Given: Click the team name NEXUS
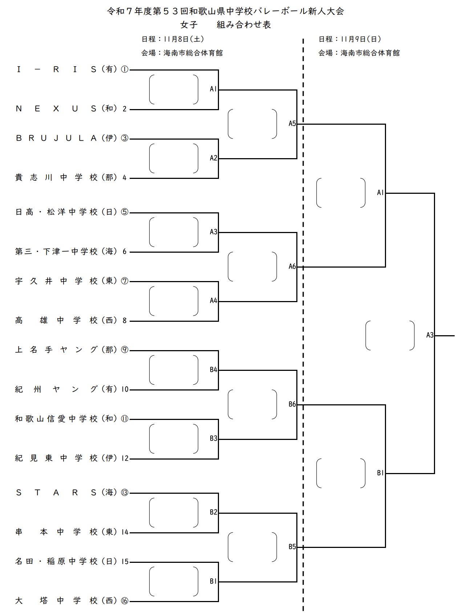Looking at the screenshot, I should [x=56, y=109].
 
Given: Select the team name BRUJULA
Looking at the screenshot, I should [x=56, y=138].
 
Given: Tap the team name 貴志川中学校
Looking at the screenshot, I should [x=56, y=178].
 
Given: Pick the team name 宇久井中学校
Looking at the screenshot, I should [x=56, y=281].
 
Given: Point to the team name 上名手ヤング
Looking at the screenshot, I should [x=56, y=350].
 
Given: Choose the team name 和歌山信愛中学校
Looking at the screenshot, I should [x=56, y=419].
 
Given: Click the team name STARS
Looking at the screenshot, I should [x=56, y=493].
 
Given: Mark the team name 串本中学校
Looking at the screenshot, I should [x=56, y=532].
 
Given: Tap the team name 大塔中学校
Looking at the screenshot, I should [x=56, y=601].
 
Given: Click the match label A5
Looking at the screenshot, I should [x=292, y=124].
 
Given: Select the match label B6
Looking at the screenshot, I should [x=292, y=404].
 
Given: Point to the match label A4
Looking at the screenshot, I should [x=214, y=301].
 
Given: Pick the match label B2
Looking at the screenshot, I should [x=214, y=512].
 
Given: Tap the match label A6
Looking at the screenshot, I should [x=292, y=267].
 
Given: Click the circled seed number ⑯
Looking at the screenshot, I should [x=125, y=601].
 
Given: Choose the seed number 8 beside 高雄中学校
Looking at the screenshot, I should [x=125, y=321].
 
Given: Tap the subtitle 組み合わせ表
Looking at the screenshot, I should [x=244, y=25].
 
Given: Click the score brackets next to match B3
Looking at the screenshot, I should [x=174, y=439].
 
